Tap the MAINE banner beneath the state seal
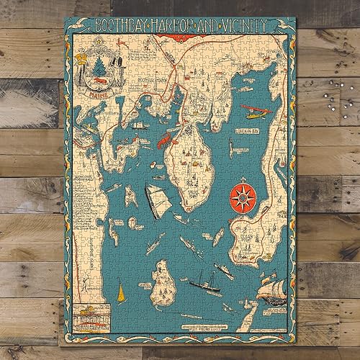click(94, 91)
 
